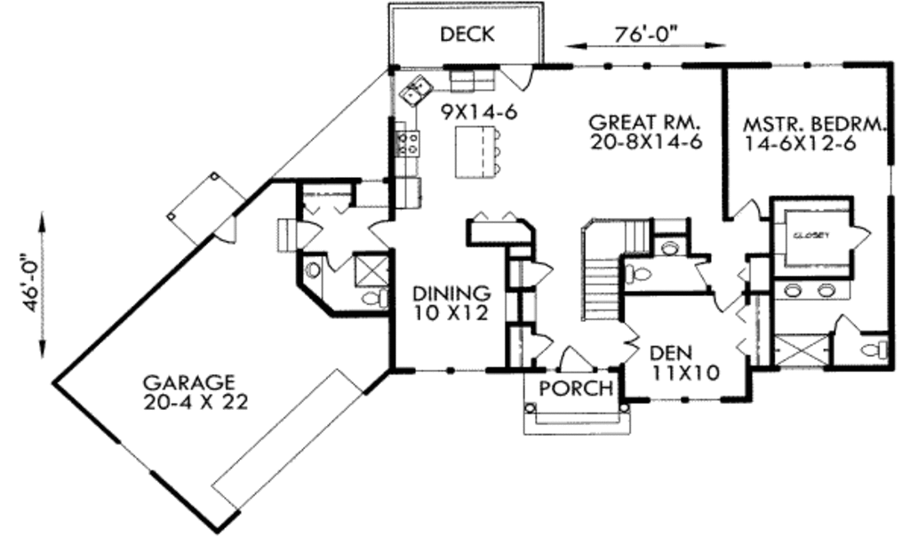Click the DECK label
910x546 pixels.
pos(467,35)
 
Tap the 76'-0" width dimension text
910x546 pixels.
pos(646,35)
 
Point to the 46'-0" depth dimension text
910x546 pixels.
pos(31,283)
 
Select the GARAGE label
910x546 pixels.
pos(189,382)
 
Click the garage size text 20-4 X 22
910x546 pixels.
pos(196,402)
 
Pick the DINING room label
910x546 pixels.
pos(451,293)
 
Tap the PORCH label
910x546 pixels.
pos(576,388)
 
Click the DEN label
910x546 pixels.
pos(671,352)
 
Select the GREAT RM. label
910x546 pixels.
pos(645,123)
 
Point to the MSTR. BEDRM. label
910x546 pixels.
pos(814,124)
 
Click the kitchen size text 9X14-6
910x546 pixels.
pos(478,111)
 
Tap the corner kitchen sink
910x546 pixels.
pos(416,91)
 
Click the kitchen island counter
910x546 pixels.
pos(476,154)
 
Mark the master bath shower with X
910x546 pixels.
pos(800,349)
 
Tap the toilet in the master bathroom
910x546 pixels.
pos(874,349)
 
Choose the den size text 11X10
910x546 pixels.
pos(685,372)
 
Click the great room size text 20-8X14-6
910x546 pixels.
pos(647,141)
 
